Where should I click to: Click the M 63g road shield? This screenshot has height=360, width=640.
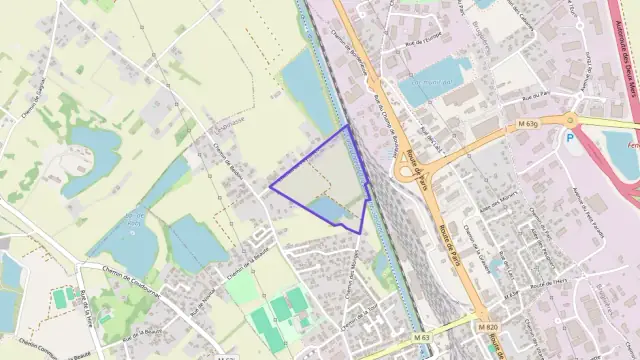coord(530,124)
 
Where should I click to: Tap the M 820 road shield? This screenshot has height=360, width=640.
coord(487,327)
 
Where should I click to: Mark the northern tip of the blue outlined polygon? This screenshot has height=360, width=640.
coord(347,125)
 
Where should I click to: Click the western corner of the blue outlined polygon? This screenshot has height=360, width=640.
coord(270,186)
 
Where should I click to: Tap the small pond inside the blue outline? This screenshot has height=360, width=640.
coord(328,209)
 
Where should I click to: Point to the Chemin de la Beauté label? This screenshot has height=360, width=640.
coord(237,265)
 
